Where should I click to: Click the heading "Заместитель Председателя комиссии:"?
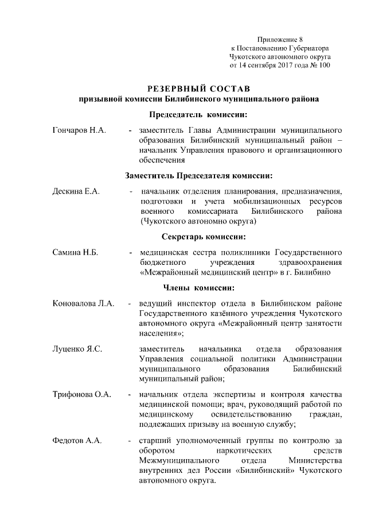[198, 175]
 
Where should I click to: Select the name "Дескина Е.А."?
[76, 191]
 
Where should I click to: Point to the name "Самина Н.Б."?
[76, 252]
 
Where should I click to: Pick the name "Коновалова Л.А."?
[84, 303]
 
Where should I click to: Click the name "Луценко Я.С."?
[77, 348]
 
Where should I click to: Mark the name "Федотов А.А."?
[77, 440]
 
